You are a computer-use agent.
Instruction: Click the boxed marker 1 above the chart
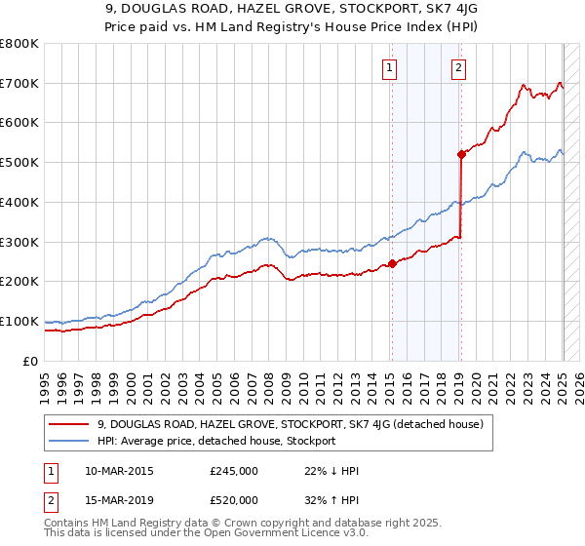pyautogui.click(x=389, y=67)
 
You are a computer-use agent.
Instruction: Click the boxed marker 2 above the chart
pyautogui.click(x=458, y=67)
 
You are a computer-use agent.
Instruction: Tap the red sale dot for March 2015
pyautogui.click(x=392, y=263)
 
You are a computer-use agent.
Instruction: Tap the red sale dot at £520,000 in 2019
pyautogui.click(x=461, y=154)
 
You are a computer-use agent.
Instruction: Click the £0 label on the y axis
pyautogui.click(x=31, y=361)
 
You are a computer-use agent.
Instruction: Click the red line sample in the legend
pyautogui.click(x=70, y=424)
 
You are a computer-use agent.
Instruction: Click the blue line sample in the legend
pyautogui.click(x=70, y=441)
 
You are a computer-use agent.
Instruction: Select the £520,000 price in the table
pyautogui.click(x=234, y=500)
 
